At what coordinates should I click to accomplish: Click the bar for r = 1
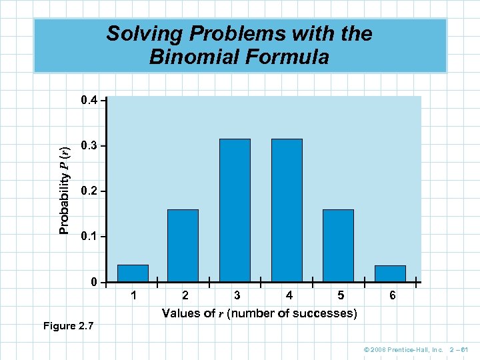[133, 273]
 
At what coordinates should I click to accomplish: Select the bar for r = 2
[183, 245]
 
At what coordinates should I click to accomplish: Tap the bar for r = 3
[235, 210]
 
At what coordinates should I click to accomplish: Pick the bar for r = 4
[287, 210]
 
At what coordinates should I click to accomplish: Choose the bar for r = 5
[338, 245]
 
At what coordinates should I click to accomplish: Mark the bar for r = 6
[390, 273]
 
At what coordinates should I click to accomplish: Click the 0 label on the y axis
[95, 283]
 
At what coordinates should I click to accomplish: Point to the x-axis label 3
[237, 295]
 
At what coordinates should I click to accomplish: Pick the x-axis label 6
[393, 295]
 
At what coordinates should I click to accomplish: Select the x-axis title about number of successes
[259, 313]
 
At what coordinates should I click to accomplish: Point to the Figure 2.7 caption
[68, 326]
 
